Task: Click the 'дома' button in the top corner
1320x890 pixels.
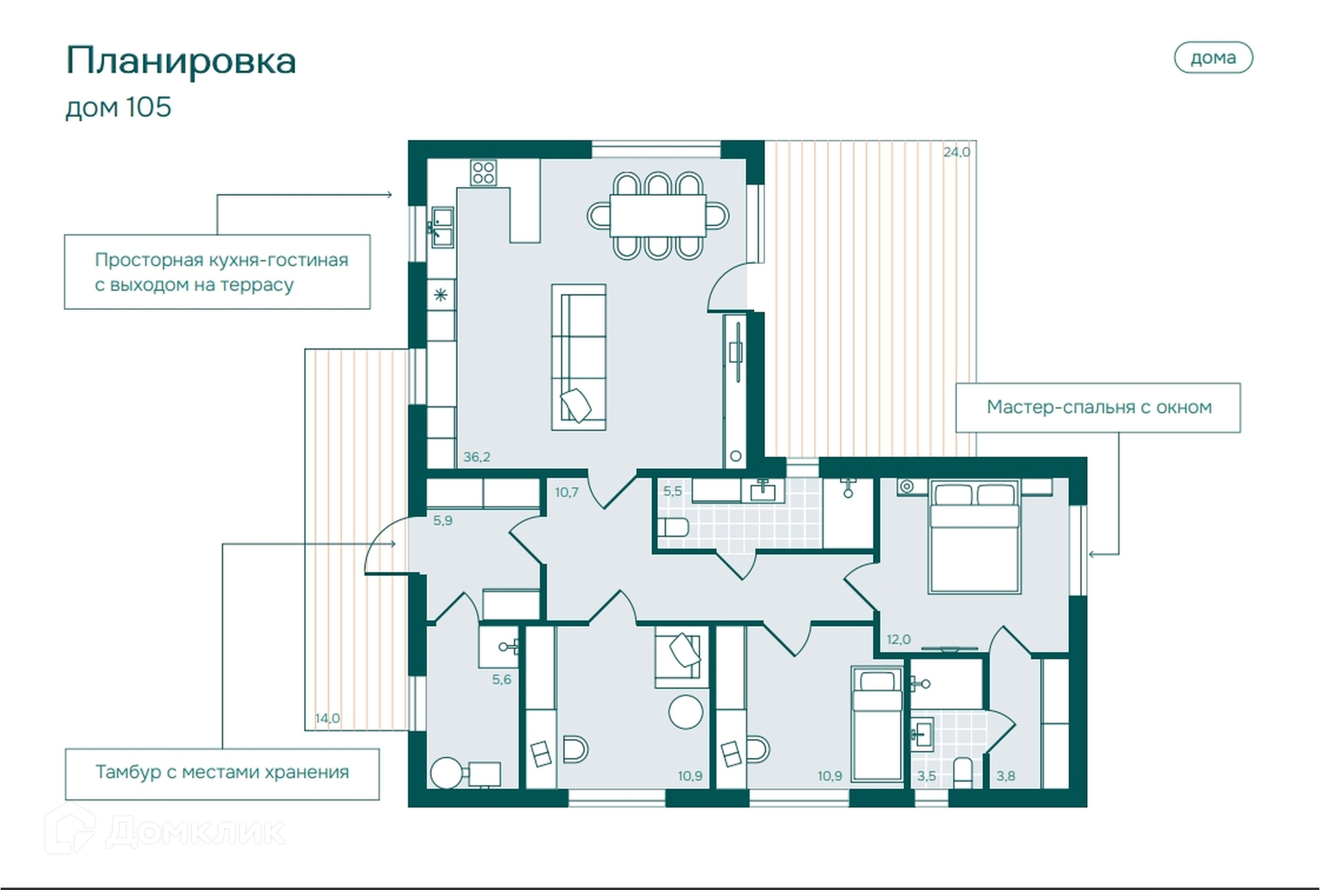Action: [x=1213, y=58]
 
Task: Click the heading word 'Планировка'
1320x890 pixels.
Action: [x=181, y=61]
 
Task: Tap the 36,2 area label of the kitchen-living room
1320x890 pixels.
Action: [x=476, y=457]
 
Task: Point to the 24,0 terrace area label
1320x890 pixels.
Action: [x=956, y=152]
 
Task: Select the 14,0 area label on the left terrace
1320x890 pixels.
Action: [x=327, y=718]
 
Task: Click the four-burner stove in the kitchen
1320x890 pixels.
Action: [x=483, y=173]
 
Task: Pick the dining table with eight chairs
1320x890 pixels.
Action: [x=658, y=216]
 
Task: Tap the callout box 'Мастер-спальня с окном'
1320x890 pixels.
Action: [x=1098, y=408]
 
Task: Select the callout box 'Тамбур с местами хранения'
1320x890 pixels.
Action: [x=222, y=774]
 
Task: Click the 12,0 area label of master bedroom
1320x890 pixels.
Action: [x=899, y=640]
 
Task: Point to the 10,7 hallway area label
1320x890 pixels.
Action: [x=566, y=492]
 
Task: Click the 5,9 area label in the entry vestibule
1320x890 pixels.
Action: [x=443, y=521]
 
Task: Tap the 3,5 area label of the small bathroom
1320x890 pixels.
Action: [x=926, y=776]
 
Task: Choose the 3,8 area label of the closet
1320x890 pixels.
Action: [x=1006, y=776]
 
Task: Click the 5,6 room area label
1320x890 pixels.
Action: [x=501, y=680]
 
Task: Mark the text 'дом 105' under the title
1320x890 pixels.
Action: [x=118, y=108]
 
